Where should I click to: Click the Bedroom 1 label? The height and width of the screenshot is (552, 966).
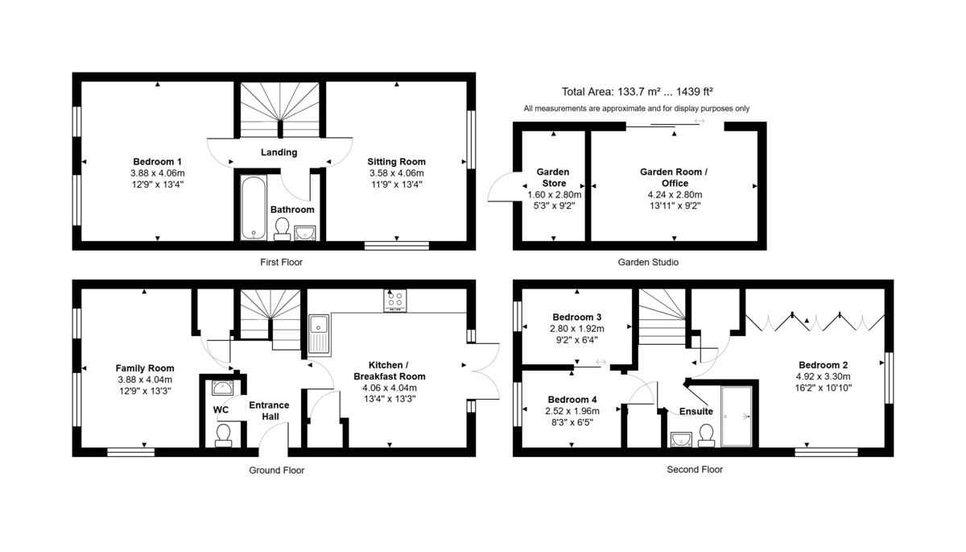click(x=158, y=161)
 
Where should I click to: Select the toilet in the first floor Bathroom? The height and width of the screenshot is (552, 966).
click(x=282, y=230)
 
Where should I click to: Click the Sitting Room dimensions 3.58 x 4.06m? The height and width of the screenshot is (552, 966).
click(x=396, y=173)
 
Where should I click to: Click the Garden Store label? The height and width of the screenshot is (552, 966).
click(x=553, y=177)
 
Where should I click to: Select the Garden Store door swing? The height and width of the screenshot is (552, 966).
click(x=501, y=189)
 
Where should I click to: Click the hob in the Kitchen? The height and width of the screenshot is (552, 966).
click(x=395, y=301)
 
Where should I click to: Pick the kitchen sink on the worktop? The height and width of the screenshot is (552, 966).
click(x=318, y=335)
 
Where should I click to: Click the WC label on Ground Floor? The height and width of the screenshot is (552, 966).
click(x=221, y=409)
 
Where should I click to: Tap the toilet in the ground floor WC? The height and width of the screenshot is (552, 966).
click(x=223, y=434)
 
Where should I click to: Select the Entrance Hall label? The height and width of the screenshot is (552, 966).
click(x=269, y=410)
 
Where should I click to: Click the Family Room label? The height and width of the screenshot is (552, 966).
click(x=145, y=367)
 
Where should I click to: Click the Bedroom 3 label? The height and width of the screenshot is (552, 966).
click(x=577, y=317)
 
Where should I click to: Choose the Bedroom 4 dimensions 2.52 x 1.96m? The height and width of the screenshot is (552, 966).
click(x=572, y=411)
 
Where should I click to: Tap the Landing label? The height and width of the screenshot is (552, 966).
click(x=279, y=152)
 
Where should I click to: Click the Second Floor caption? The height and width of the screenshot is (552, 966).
click(x=695, y=470)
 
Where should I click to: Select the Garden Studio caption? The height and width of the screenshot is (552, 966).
click(x=648, y=263)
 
